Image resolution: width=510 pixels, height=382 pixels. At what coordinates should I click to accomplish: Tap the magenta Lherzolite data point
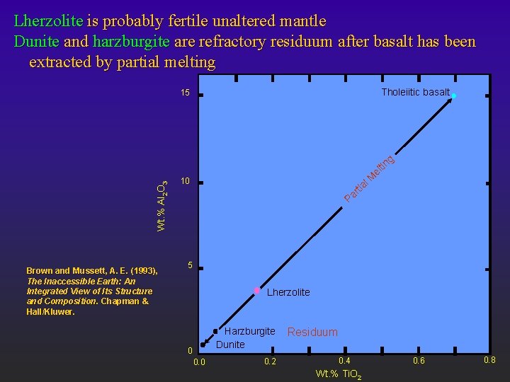(x=257, y=291)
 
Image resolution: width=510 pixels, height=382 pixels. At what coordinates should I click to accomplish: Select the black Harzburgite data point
(x=215, y=331)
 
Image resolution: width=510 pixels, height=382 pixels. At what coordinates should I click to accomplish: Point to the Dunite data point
(x=203, y=345)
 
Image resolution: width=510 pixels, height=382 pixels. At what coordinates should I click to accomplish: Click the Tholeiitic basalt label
(x=415, y=92)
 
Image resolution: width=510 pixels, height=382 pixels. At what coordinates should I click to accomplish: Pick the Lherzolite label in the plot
(x=288, y=292)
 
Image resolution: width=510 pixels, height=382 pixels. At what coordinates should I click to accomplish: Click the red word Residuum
(x=312, y=332)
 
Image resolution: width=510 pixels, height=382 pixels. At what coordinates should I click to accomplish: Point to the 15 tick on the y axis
(x=184, y=93)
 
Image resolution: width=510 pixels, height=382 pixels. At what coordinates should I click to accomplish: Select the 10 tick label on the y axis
(x=185, y=182)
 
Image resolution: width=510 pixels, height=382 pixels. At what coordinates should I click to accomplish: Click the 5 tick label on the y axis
(x=190, y=266)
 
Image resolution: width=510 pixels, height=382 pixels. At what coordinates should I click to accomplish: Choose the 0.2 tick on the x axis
(x=270, y=362)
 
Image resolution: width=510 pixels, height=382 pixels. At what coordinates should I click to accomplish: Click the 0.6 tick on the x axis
(x=419, y=361)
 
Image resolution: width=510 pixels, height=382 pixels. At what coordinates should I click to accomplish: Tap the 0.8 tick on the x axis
(x=489, y=361)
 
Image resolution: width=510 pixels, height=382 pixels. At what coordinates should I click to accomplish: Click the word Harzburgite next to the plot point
(x=249, y=331)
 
